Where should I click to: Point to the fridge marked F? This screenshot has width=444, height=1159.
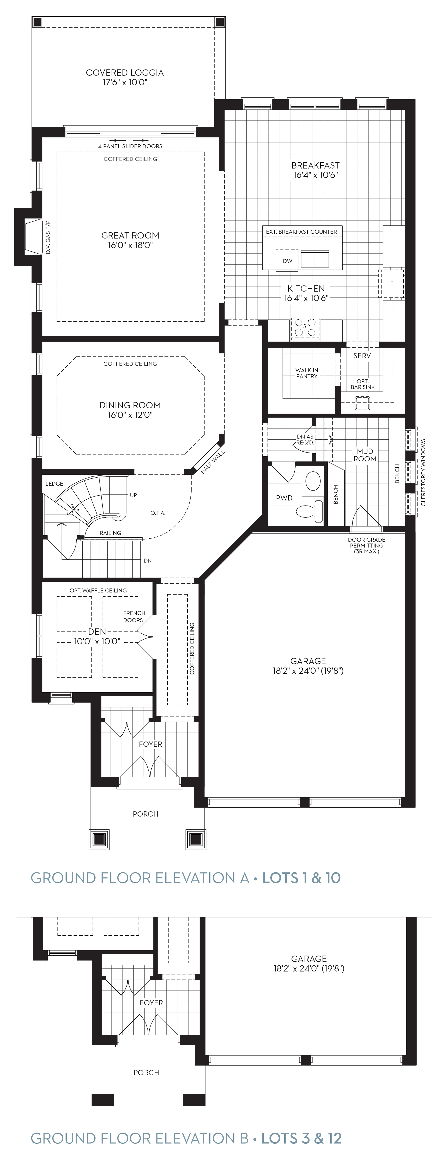(391, 283)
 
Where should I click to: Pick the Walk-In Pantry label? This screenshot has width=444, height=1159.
(307, 373)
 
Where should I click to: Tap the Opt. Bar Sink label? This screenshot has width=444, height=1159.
(363, 384)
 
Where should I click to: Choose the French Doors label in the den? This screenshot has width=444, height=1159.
(134, 616)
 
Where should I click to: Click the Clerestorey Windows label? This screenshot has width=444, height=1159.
(423, 472)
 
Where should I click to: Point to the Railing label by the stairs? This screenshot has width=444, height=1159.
(110, 533)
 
